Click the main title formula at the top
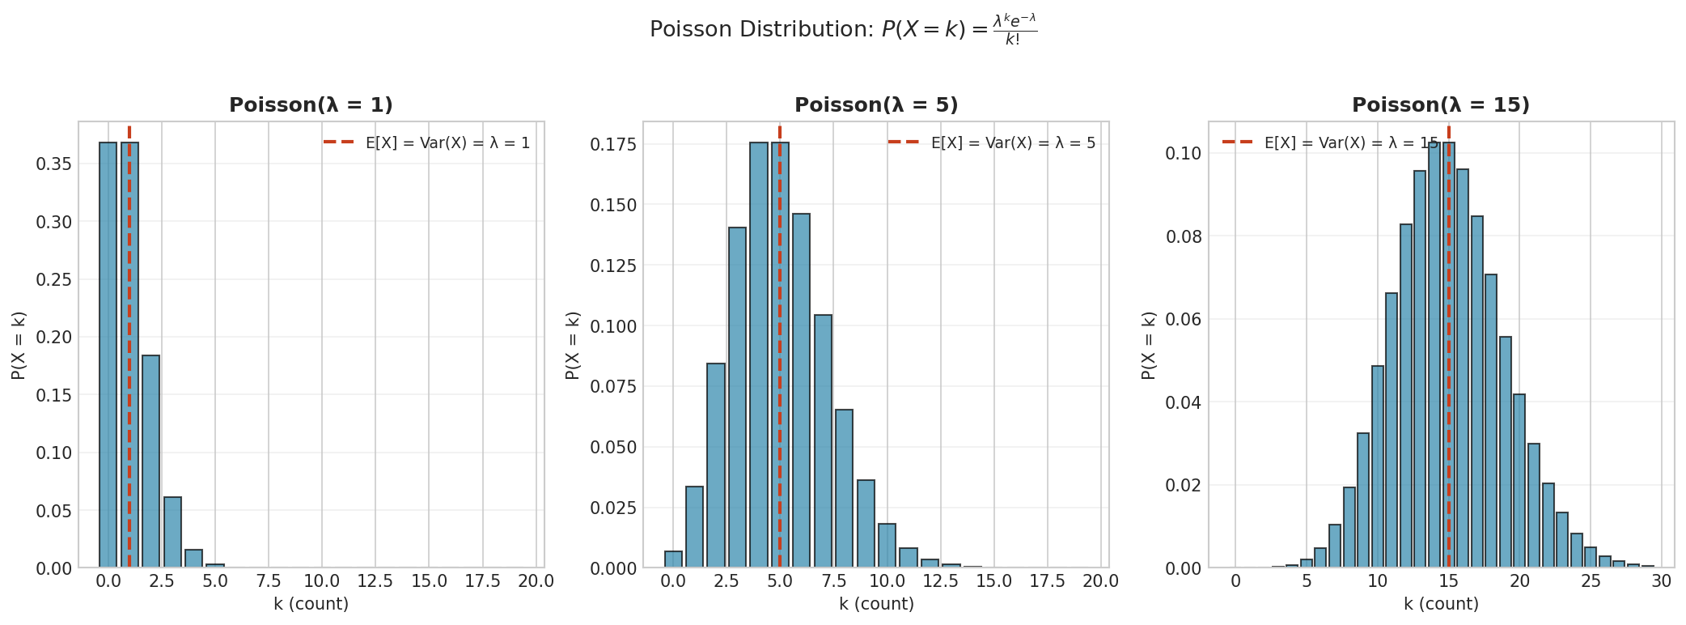pyautogui.click(x=842, y=30)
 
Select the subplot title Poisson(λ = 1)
pyautogui.click(x=311, y=105)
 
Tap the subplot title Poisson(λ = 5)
pyautogui.click(x=876, y=105)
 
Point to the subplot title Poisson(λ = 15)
pyautogui.click(x=1441, y=105)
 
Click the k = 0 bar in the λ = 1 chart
pyautogui.click(x=108, y=356)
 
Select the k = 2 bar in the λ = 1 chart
pyautogui.click(x=151, y=461)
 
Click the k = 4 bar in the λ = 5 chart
pyautogui.click(x=758, y=356)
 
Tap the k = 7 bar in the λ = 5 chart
pyautogui.click(x=823, y=441)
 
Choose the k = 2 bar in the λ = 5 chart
pyautogui.click(x=716, y=466)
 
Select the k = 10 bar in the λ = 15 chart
pyautogui.click(x=1378, y=466)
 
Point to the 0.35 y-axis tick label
pyautogui.click(x=53, y=164)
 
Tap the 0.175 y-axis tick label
pyautogui.click(x=613, y=145)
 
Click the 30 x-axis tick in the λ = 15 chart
pyautogui.click(x=1662, y=581)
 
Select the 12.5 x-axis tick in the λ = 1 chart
pyautogui.click(x=375, y=581)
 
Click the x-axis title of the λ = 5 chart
pyautogui.click(x=876, y=604)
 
